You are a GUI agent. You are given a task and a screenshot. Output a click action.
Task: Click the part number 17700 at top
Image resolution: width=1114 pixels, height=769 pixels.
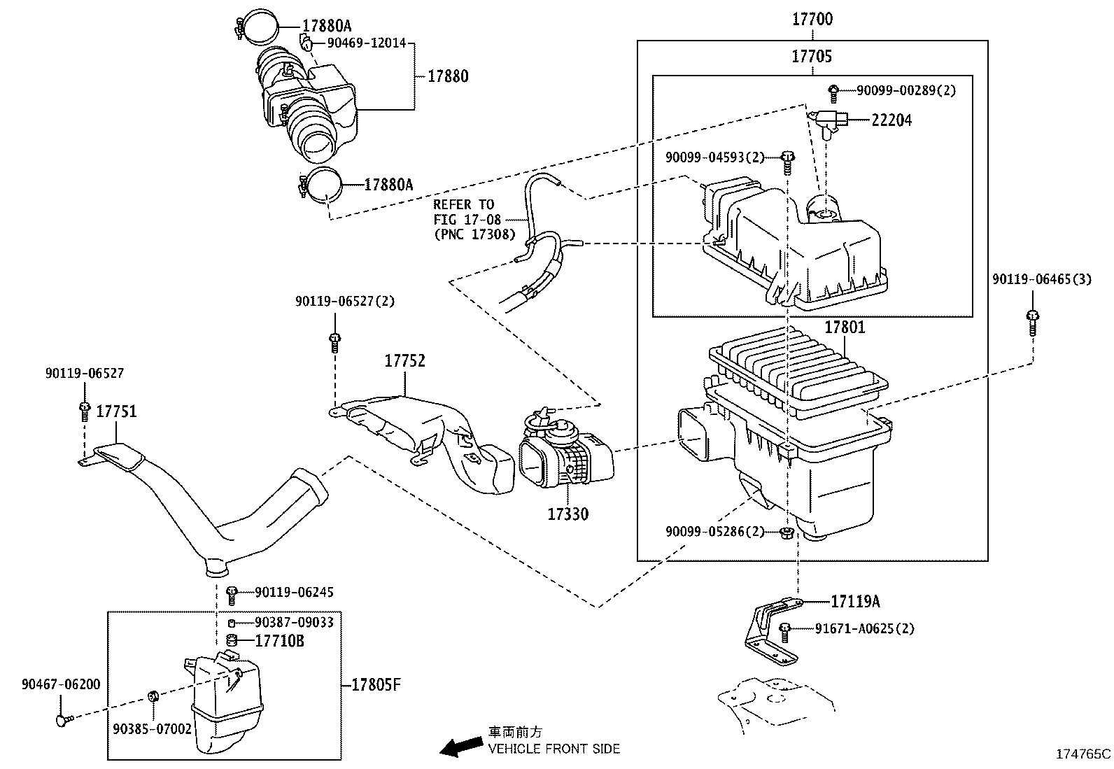(x=812, y=20)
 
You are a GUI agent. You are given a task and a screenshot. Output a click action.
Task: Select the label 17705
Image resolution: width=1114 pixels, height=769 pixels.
(x=812, y=57)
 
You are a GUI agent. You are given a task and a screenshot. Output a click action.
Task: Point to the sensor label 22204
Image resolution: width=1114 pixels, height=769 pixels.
(x=891, y=120)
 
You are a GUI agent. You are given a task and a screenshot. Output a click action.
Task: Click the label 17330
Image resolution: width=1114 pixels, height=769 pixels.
(x=567, y=514)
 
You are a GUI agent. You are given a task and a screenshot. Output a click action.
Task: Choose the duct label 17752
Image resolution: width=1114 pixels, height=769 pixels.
(x=404, y=361)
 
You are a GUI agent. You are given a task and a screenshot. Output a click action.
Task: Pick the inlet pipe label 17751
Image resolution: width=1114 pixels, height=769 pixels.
(x=116, y=411)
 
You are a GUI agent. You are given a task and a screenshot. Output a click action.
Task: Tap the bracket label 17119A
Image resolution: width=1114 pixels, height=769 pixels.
(x=855, y=601)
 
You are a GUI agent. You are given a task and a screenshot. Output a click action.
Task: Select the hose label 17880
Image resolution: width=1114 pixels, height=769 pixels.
(x=448, y=76)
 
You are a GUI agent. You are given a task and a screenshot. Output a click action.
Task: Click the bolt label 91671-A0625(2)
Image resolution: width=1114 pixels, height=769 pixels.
(x=865, y=628)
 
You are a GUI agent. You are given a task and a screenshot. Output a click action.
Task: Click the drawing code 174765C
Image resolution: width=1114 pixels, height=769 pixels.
(x=1083, y=754)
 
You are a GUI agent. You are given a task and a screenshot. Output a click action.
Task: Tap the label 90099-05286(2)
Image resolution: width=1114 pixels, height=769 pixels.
(x=714, y=532)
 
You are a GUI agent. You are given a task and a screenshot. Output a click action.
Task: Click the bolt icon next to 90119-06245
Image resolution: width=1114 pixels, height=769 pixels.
(x=233, y=594)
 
